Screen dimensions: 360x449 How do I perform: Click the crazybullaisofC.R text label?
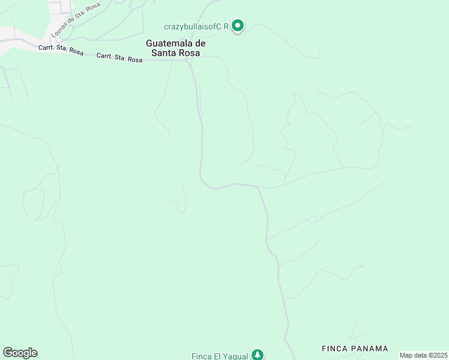[196, 27]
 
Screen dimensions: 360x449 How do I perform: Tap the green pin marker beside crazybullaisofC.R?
[238, 26]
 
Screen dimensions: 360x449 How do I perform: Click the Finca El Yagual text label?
[220, 356]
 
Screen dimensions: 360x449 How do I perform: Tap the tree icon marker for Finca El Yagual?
[258, 355]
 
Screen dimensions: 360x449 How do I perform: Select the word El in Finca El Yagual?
[217, 356]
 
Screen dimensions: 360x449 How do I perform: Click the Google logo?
[20, 353]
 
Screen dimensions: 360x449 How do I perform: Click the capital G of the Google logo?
[8, 353]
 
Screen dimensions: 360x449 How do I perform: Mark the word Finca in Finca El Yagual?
[201, 356]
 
